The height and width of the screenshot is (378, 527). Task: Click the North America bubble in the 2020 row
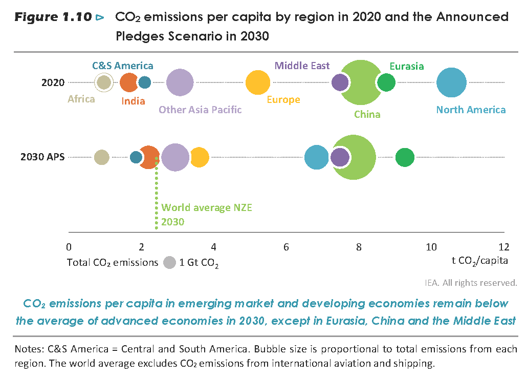451,82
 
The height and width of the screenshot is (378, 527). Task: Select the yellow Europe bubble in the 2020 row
258,82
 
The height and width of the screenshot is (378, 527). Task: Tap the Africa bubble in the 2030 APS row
102,157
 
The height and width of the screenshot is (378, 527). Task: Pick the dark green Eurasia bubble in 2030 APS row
405,157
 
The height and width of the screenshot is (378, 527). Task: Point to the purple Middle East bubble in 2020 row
340,82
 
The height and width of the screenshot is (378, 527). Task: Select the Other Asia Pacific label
200,110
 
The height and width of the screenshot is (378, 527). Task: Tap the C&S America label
122,66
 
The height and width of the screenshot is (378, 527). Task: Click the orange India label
133,101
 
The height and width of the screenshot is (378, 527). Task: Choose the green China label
367,114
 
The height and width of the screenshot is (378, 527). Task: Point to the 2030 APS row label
42,157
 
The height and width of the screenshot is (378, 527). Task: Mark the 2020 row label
53,82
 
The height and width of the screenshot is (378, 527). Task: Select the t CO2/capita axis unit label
479,261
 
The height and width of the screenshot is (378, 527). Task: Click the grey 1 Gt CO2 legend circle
169,263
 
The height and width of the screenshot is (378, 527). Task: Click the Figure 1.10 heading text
53,17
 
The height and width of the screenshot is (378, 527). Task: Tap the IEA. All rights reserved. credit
471,282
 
